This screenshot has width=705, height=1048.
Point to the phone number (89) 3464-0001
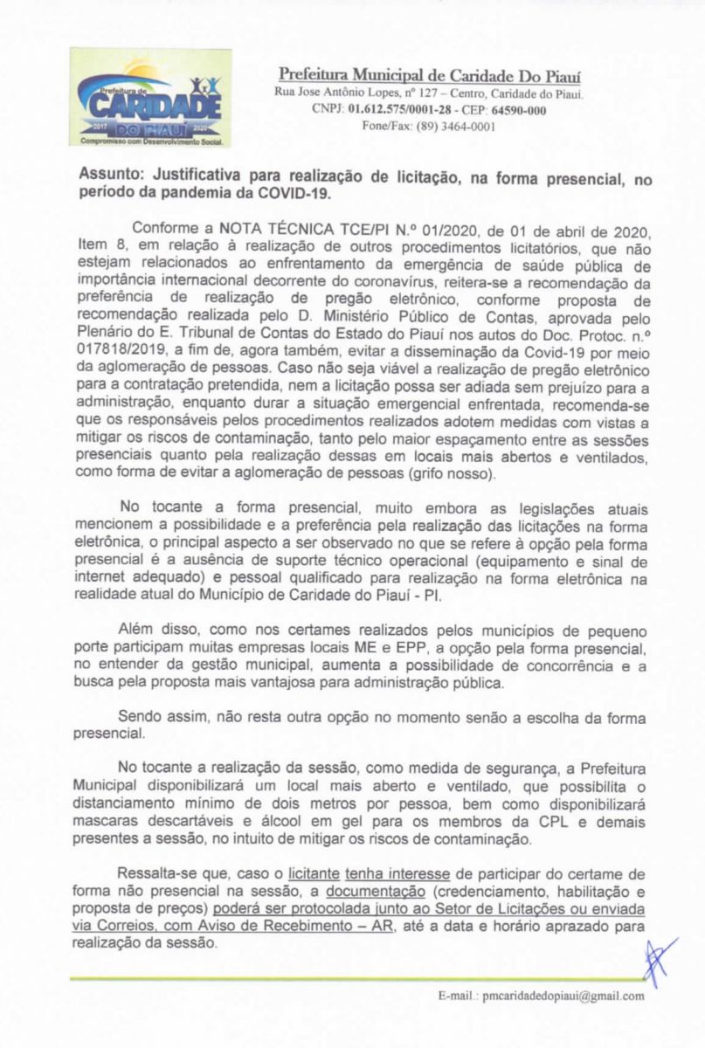tap(443, 126)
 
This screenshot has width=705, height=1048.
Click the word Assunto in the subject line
tap(111, 176)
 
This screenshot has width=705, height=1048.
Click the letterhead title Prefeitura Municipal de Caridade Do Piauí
tap(430, 74)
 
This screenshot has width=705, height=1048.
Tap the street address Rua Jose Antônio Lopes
tap(335, 93)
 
